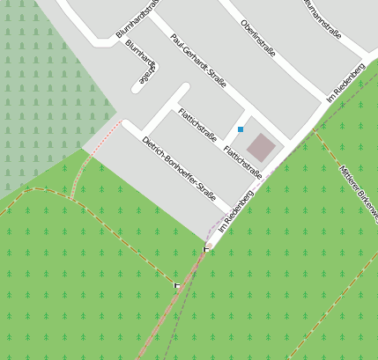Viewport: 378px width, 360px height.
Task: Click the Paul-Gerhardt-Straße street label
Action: pyautogui.click(x=198, y=62)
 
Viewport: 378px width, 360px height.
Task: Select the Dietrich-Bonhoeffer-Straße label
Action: pyautogui.click(x=179, y=167)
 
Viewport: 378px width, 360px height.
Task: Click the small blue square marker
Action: pyautogui.click(x=241, y=129)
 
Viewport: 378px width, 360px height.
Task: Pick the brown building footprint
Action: pyautogui.click(x=261, y=146)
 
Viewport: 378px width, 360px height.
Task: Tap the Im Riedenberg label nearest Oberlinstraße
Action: pyautogui.click(x=345, y=83)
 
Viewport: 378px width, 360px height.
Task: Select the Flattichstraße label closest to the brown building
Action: pyautogui.click(x=243, y=161)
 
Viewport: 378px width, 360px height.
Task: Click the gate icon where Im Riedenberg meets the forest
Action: pyautogui.click(x=206, y=250)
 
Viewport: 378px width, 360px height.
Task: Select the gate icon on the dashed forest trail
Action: pyautogui.click(x=177, y=285)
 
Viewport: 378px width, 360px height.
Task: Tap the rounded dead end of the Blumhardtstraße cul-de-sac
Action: pyautogui.click(x=182, y=90)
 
